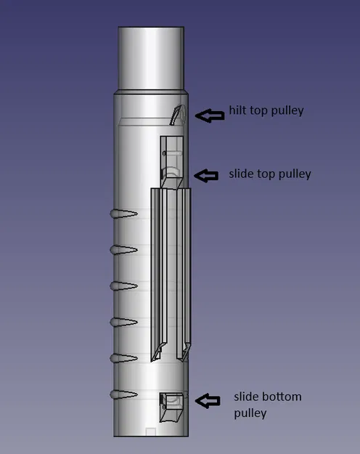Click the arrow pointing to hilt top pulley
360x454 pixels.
click(210, 115)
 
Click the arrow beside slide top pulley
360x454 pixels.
click(208, 175)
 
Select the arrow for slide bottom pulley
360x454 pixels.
click(209, 400)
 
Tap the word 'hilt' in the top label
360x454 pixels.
click(238, 110)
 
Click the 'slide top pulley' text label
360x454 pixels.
click(269, 174)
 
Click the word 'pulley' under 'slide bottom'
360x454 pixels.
click(250, 413)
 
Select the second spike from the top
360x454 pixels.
click(123, 250)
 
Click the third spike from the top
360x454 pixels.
click(123, 285)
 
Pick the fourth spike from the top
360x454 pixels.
click(123, 321)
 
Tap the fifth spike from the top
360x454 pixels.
click(123, 357)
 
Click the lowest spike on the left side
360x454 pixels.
click(123, 394)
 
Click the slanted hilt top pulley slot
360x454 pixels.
click(176, 115)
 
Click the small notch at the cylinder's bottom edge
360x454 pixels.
click(151, 432)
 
